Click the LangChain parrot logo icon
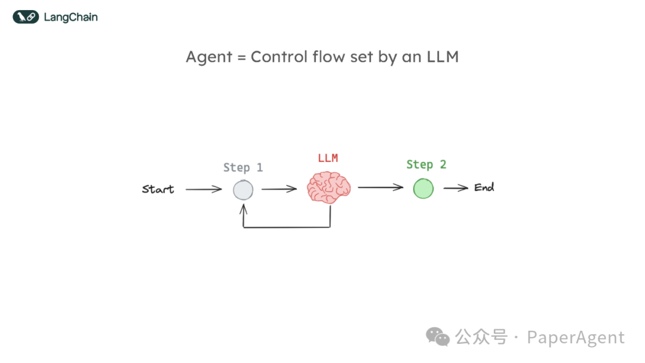[x=26, y=17]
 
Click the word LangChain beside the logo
[x=70, y=17]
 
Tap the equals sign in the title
[x=240, y=58]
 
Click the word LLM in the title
[x=442, y=57]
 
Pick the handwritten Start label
[x=158, y=189]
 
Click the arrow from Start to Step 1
[x=203, y=190]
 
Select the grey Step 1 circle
[x=243, y=190]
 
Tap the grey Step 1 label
[x=243, y=168]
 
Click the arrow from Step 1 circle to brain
[x=279, y=189]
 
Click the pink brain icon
[x=328, y=188]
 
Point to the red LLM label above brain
[x=328, y=158]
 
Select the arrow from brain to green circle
[x=380, y=187]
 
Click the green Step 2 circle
[x=423, y=189]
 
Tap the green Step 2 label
[x=426, y=165]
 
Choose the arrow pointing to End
[x=456, y=188]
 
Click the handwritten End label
[x=484, y=187]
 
